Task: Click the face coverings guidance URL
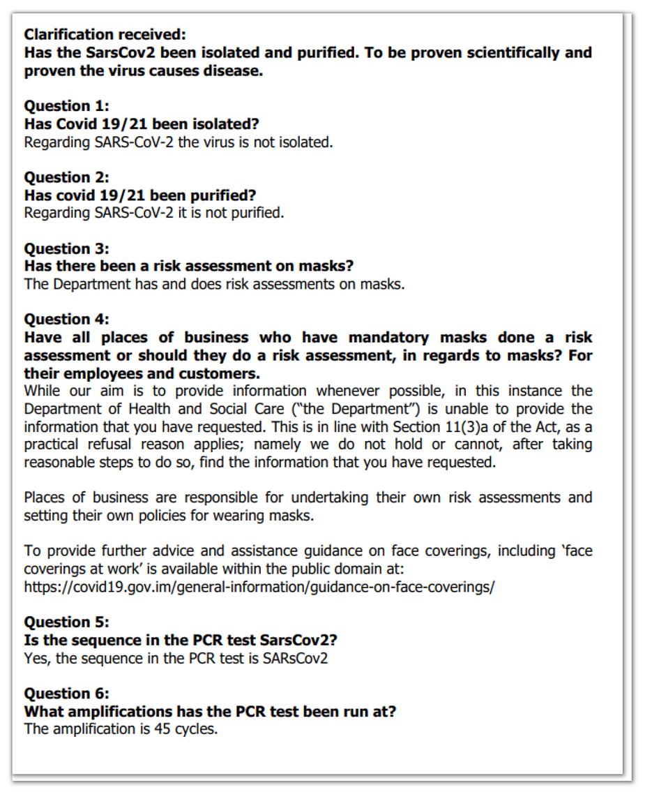(259, 586)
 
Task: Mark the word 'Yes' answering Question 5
(36, 657)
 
